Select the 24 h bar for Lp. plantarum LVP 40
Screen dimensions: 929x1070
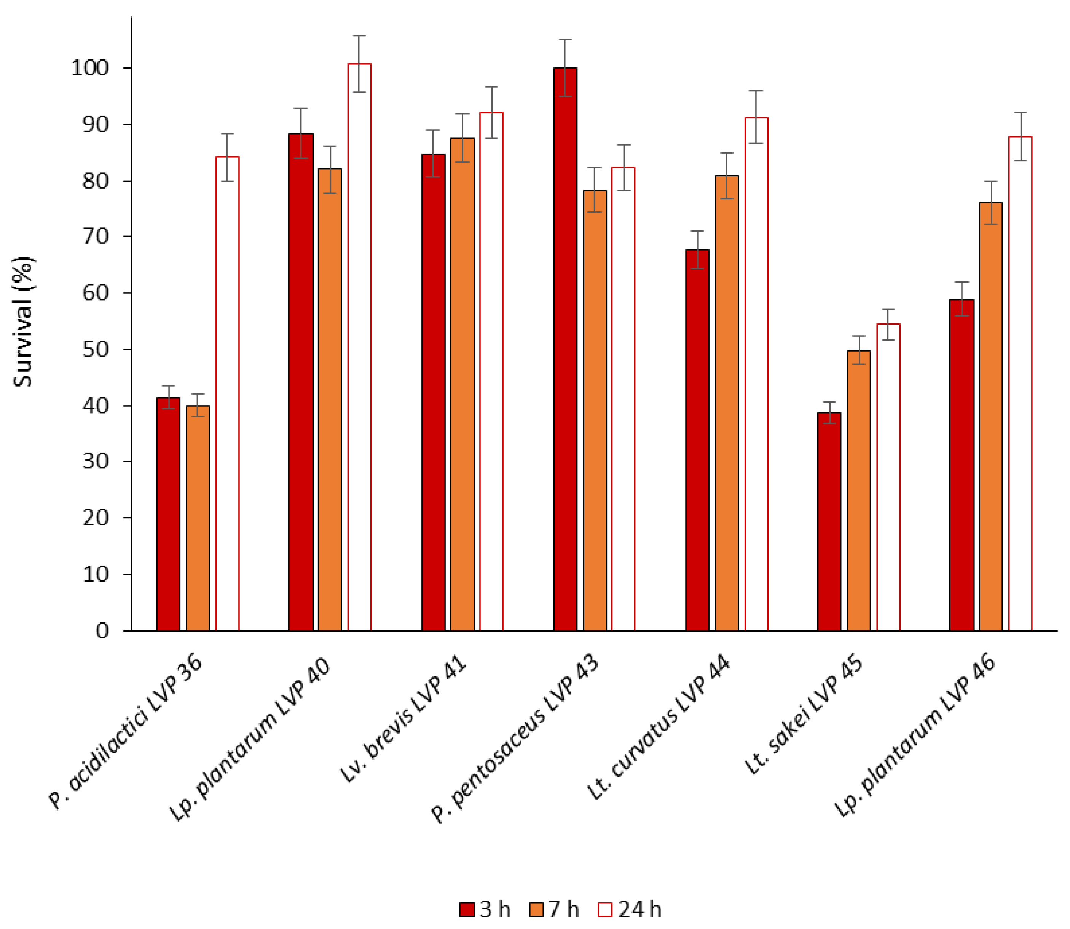[x=359, y=347]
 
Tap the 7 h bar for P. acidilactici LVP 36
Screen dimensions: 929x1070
[x=198, y=518]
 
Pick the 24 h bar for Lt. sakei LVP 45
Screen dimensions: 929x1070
[x=888, y=477]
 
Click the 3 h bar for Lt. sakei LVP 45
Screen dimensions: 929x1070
[x=829, y=521]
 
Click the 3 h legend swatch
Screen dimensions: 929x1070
[x=467, y=910]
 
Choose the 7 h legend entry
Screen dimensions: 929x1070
[x=555, y=910]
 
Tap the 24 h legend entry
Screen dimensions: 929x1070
[x=630, y=910]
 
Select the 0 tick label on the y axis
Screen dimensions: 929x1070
[x=102, y=631]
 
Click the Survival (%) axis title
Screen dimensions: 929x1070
[x=23, y=321]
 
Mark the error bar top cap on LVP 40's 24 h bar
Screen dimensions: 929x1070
[x=359, y=36]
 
